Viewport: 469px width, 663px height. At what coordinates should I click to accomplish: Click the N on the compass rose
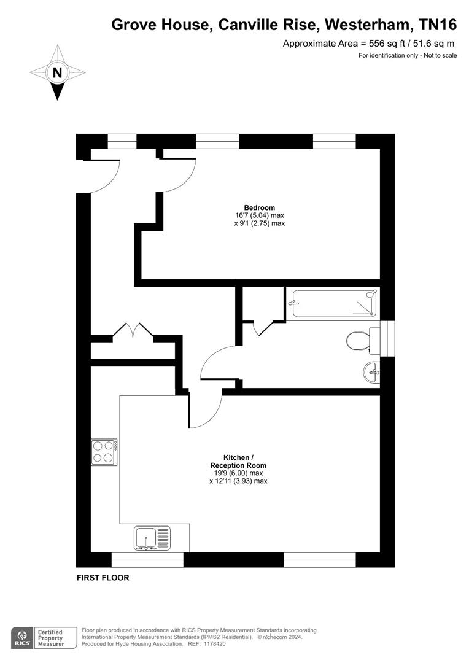[57, 72]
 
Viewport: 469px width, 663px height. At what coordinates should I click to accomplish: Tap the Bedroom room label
[259, 207]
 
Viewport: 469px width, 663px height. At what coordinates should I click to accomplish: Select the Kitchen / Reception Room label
[238, 462]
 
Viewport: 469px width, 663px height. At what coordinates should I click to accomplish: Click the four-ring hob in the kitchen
[104, 452]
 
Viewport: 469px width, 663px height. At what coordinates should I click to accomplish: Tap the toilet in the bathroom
[357, 340]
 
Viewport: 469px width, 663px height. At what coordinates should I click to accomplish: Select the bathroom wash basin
[371, 371]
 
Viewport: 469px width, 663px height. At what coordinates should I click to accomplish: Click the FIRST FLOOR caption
[103, 578]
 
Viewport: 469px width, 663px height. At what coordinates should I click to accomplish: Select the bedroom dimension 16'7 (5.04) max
[259, 215]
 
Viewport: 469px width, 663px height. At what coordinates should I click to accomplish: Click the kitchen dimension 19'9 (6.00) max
[238, 473]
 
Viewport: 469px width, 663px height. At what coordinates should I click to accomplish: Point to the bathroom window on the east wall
[387, 337]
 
